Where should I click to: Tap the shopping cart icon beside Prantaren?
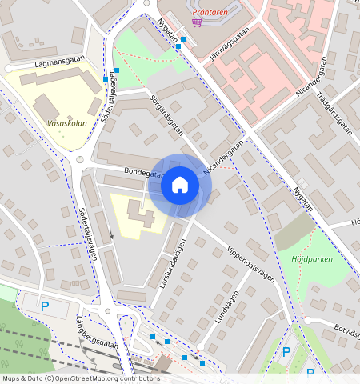pos(196,22)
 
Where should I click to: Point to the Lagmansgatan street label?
pos(60,62)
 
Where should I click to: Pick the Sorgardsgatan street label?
pos(166,114)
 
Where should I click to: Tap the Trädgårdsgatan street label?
pos(334,111)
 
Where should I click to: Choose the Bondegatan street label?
pos(144,172)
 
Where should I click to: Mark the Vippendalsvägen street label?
pos(250,263)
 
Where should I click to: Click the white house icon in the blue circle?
pos(180,185)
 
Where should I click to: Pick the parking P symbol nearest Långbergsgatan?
pos(45,306)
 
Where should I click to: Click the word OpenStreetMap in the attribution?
pos(86,378)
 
